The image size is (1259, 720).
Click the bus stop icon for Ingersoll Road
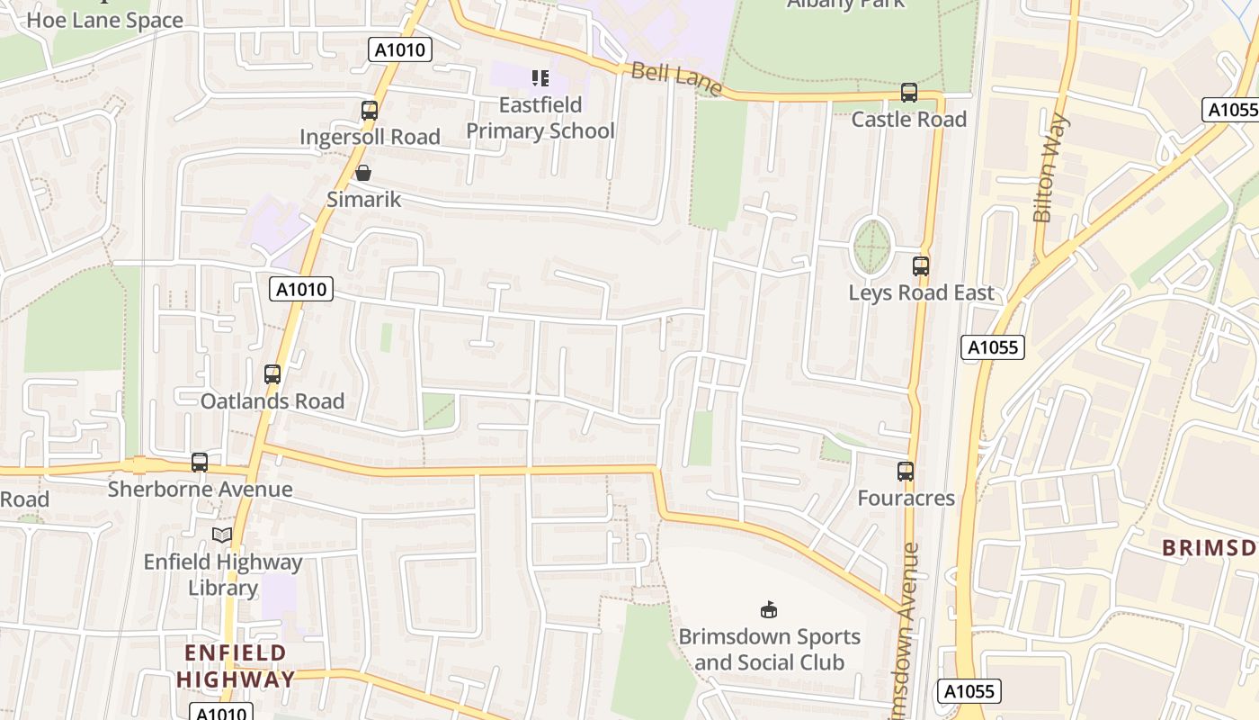tap(370, 111)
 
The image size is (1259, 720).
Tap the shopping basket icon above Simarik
tap(363, 173)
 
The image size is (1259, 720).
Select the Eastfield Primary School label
tap(540, 118)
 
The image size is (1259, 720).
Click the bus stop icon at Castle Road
tap(909, 93)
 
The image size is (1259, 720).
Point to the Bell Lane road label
tap(676, 78)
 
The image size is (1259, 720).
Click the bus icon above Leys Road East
tap(921, 266)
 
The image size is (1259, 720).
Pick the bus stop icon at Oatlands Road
tap(272, 374)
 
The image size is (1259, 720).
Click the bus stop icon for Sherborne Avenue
tap(200, 463)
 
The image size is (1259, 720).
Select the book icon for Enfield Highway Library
tap(222, 535)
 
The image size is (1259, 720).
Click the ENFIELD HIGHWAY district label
tap(236, 666)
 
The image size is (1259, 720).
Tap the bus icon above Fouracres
tap(906, 472)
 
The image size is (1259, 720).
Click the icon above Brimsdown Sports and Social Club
tap(769, 610)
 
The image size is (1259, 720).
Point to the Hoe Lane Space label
tap(104, 20)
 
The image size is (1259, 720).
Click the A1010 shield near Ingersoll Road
tap(400, 49)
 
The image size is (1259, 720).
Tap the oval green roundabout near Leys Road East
tap(871, 246)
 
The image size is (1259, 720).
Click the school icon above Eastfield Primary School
tap(540, 78)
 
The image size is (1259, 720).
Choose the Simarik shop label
tap(363, 199)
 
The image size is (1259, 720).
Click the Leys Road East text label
tap(922, 292)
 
